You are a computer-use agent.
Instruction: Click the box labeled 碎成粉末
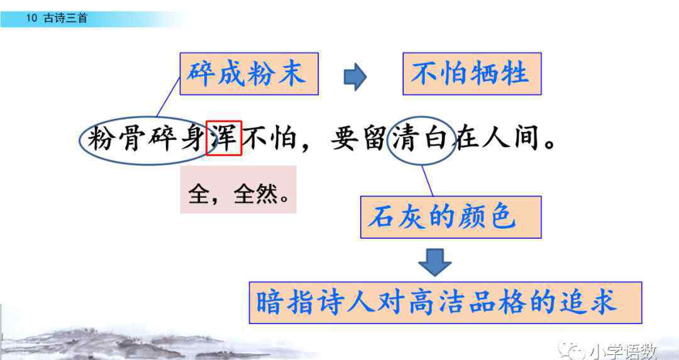[249, 74]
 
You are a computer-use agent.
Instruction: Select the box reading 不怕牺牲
[472, 74]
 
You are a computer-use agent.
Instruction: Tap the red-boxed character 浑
[223, 138]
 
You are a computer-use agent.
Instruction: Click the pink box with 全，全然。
[238, 190]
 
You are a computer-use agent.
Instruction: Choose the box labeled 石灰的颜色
[451, 217]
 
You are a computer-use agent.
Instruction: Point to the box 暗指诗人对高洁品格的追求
[445, 303]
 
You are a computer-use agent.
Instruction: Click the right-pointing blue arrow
[355, 77]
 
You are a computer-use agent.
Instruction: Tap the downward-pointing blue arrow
[435, 262]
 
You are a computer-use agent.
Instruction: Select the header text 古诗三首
[65, 18]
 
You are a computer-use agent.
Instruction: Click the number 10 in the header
[31, 18]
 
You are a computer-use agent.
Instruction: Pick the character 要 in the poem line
[345, 138]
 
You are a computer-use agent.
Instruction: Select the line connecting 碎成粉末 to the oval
[168, 97]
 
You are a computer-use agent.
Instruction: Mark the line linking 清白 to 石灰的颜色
[428, 181]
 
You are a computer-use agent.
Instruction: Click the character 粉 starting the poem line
[101, 138]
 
